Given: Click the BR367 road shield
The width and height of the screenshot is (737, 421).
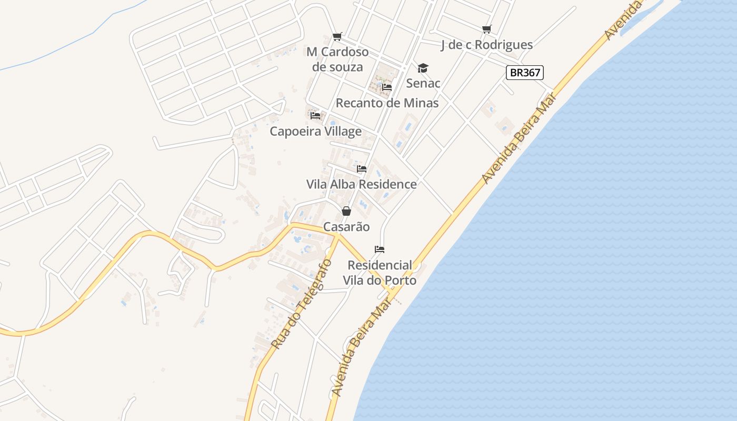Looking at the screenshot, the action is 524,73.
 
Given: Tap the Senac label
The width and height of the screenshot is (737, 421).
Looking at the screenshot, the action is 423,83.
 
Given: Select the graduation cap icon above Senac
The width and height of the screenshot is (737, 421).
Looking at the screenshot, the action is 423,68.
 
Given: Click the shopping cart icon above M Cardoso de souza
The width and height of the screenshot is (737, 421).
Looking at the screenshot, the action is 337,36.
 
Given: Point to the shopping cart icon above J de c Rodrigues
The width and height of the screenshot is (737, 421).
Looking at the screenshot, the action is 487,29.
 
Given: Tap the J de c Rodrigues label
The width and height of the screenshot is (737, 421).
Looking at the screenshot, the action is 487,45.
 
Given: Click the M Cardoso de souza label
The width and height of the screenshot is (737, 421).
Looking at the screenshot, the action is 337,59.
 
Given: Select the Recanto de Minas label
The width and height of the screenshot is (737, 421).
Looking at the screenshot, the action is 387,103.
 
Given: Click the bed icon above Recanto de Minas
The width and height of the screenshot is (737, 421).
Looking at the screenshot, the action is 387,87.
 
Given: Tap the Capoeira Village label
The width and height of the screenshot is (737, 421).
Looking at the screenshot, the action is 315,131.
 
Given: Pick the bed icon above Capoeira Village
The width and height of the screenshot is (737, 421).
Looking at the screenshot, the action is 315,115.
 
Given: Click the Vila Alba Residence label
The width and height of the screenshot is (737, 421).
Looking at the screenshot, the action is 362,184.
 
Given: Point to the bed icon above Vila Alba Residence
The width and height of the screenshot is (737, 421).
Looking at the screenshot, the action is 362,169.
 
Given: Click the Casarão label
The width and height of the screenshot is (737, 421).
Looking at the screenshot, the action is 346,227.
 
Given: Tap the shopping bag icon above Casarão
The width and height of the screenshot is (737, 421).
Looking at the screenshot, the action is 346,211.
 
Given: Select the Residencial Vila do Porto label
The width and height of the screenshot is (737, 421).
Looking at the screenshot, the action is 380,273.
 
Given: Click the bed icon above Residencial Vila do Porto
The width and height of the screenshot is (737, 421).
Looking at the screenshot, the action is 380,249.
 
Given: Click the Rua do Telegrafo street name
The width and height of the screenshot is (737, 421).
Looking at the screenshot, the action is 301,304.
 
